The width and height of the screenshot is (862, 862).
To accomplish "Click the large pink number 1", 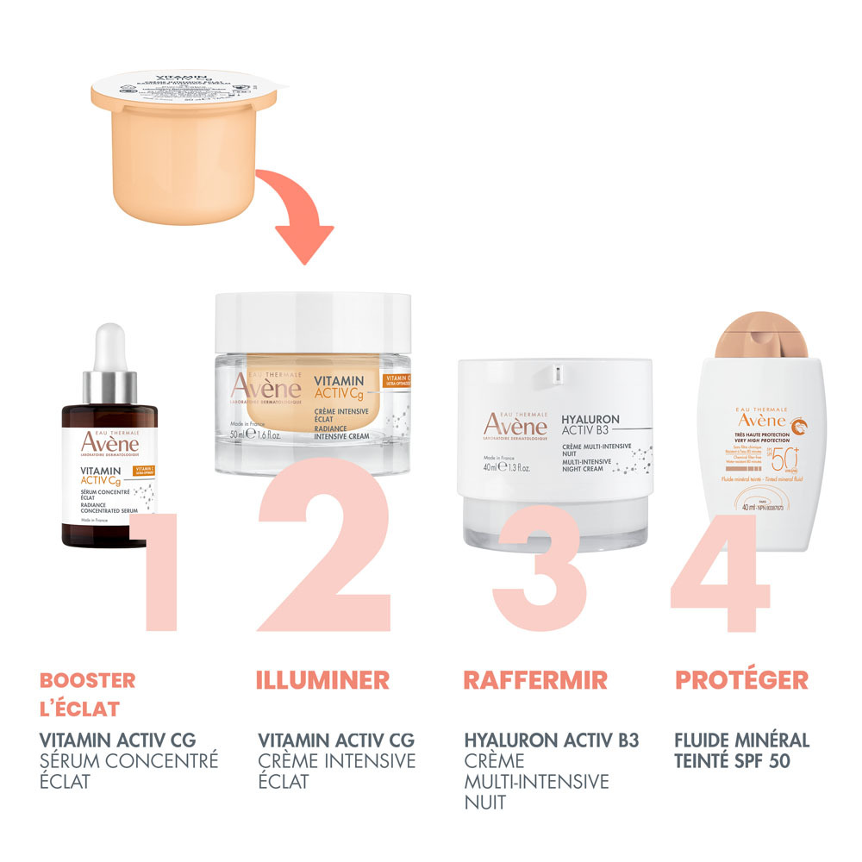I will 159,573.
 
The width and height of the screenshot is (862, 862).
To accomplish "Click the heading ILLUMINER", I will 323,679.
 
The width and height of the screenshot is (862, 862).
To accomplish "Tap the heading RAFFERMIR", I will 535,679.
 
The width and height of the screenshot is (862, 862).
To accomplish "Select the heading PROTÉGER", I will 741,679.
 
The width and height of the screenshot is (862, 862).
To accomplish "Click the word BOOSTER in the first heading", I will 88,680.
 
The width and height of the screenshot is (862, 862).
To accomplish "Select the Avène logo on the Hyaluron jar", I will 514,423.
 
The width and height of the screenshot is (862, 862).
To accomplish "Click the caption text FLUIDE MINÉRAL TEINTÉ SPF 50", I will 742,751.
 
